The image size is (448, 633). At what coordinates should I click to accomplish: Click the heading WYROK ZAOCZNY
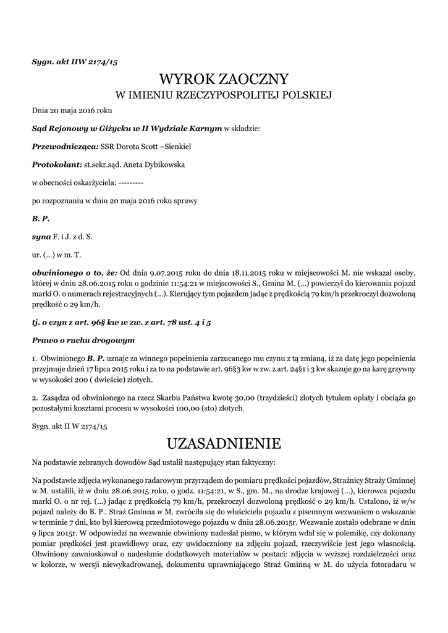(x=224, y=79)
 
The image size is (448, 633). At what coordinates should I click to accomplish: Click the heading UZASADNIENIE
(x=224, y=443)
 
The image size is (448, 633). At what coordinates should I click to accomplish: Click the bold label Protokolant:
(x=57, y=165)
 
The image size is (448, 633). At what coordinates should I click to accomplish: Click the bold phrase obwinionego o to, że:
(x=75, y=272)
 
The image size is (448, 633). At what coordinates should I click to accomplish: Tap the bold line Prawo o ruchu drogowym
(x=83, y=341)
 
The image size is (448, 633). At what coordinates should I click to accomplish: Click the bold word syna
(x=41, y=236)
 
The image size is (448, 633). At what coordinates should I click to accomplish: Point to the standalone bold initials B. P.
(x=41, y=219)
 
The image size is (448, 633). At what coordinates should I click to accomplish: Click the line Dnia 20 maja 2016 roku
(x=72, y=111)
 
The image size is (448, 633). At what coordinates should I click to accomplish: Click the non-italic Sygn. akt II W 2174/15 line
(x=70, y=427)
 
